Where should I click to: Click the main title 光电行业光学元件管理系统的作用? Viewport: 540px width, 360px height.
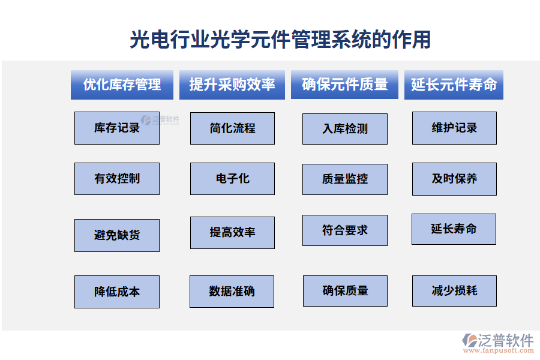[280, 40]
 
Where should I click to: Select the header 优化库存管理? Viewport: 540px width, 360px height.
[122, 85]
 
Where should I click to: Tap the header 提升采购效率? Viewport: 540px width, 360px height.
[232, 85]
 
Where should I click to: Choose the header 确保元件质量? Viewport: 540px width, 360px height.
[344, 85]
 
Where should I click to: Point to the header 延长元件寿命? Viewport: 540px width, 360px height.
[454, 85]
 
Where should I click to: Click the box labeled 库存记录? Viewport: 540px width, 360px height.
[117, 128]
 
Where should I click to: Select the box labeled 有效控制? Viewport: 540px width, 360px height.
[117, 178]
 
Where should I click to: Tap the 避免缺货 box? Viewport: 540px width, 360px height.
[117, 235]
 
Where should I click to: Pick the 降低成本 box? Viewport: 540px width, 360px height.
[117, 292]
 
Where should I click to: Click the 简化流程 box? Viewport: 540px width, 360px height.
[232, 128]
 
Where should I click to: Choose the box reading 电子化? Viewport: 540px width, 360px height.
[232, 178]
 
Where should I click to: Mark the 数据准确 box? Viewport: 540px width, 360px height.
[232, 292]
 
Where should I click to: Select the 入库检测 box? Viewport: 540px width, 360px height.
[345, 129]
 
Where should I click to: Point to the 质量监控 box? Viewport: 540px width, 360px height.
[345, 179]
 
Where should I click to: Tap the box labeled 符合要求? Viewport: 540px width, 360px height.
[345, 230]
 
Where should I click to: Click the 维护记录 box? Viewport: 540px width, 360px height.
[454, 128]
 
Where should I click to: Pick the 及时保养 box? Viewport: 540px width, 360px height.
[454, 179]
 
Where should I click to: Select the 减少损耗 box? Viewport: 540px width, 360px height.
[454, 291]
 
